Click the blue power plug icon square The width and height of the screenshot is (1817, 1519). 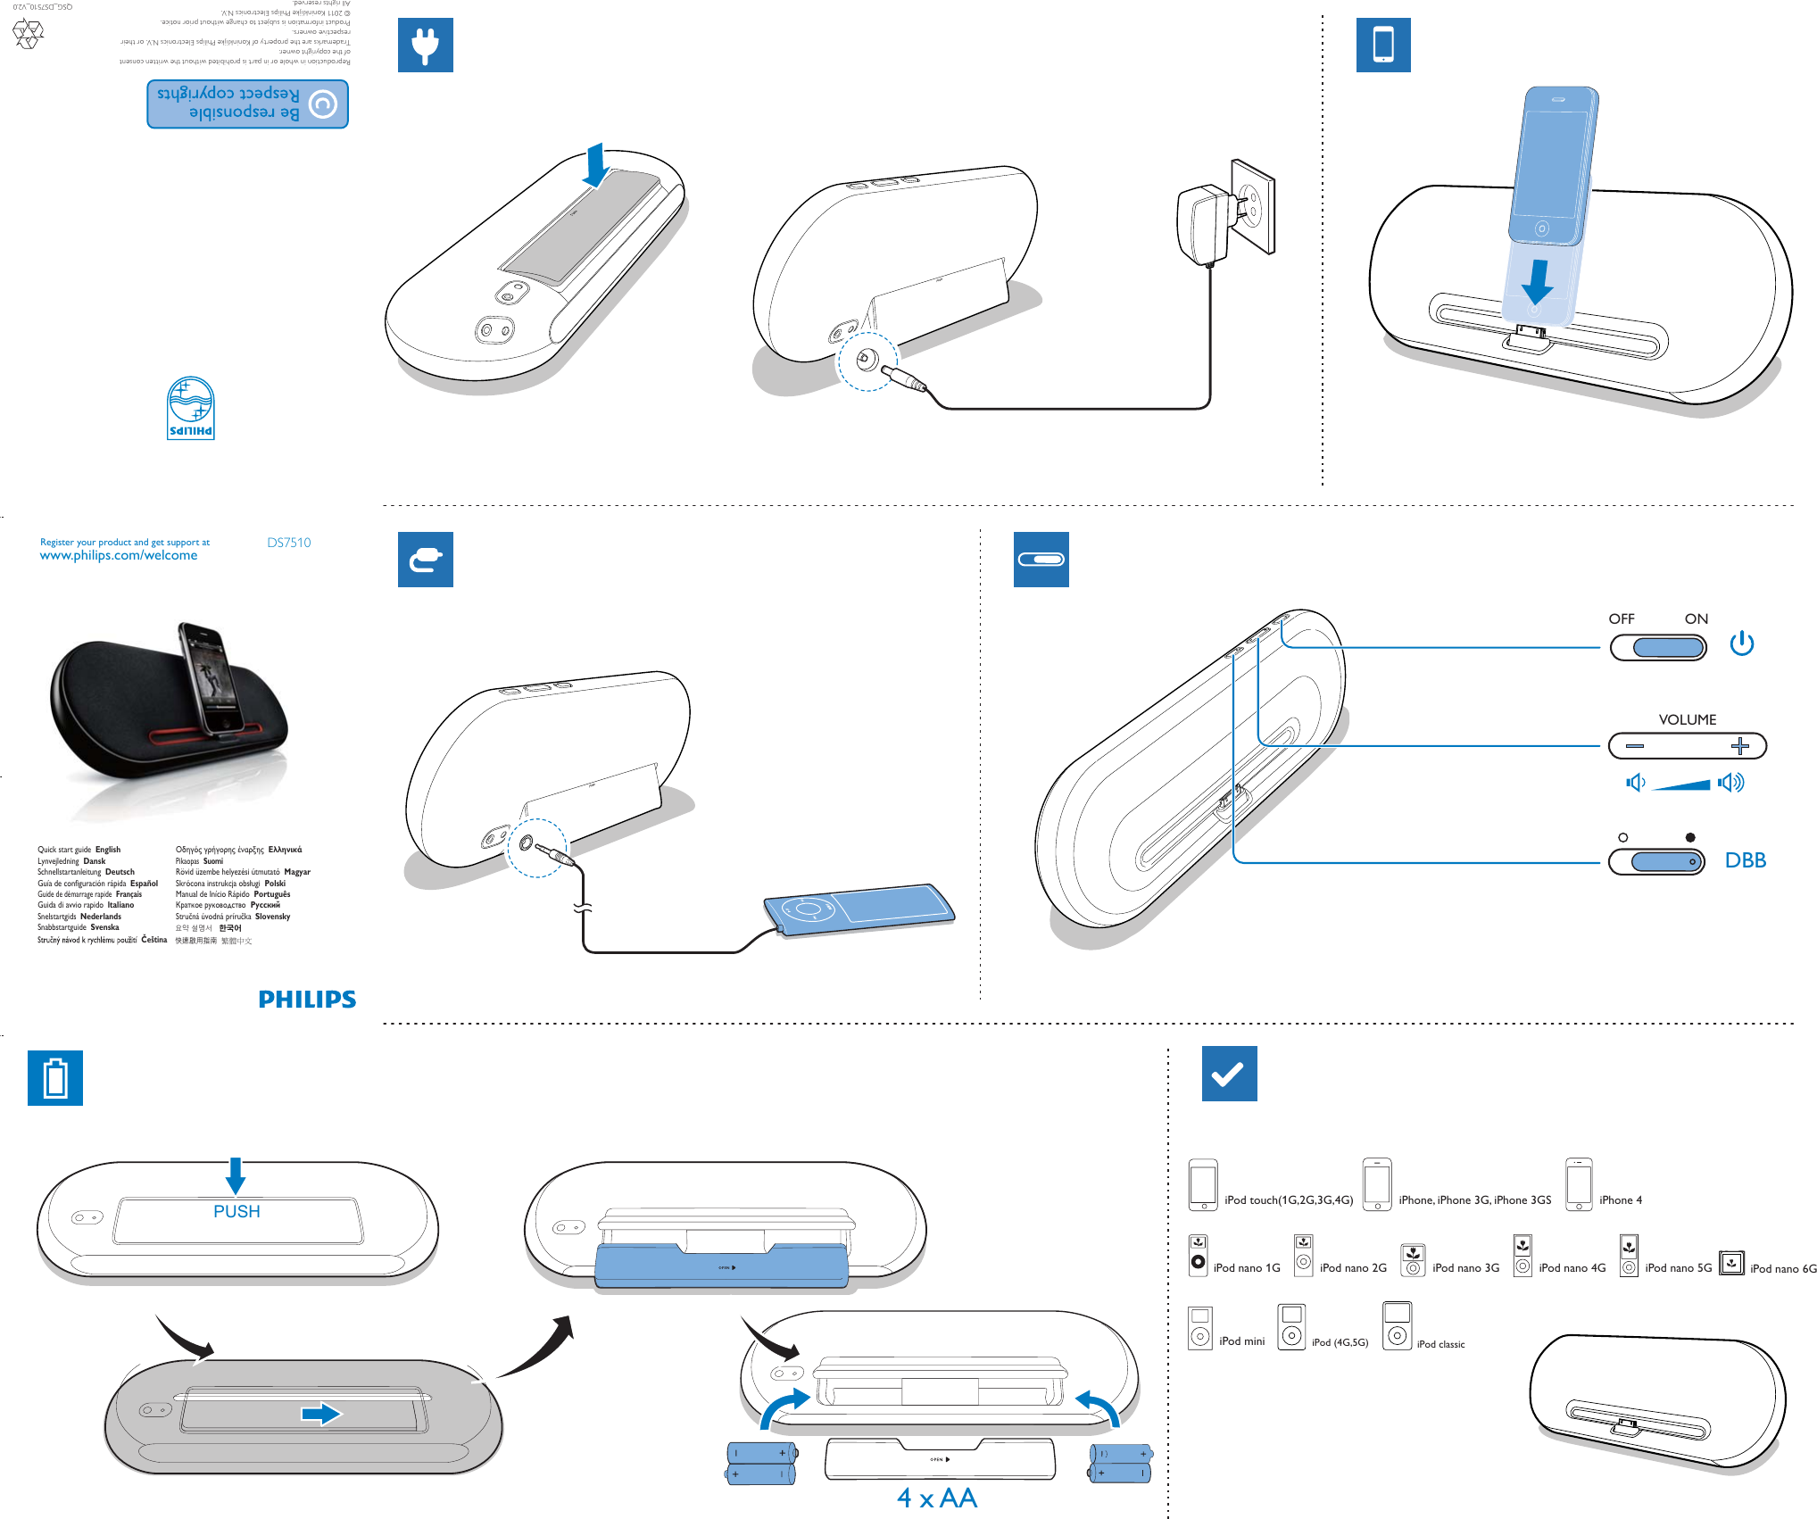(x=425, y=45)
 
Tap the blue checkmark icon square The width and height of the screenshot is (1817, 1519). (x=1229, y=1074)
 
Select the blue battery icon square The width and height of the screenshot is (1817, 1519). (x=55, y=1078)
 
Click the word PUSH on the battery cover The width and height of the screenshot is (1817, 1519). (x=236, y=1211)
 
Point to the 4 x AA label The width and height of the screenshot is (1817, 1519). (x=937, y=1498)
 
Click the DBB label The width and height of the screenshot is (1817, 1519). (x=1745, y=860)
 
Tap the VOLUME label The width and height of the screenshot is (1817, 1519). (x=1687, y=719)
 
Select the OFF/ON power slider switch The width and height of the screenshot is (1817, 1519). (x=1658, y=647)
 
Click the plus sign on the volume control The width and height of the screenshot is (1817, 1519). (x=1739, y=745)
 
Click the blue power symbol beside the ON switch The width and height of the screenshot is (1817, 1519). (x=1741, y=643)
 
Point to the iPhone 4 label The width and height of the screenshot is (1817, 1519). (x=1620, y=1200)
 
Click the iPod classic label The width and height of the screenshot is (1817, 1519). (x=1440, y=1344)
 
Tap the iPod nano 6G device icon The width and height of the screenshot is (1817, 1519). (x=1731, y=1263)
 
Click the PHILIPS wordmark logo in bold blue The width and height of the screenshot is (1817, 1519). (x=307, y=1000)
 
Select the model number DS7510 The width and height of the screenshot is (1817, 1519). (x=289, y=543)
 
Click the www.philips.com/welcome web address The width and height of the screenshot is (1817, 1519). (x=119, y=555)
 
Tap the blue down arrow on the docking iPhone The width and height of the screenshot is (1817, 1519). (x=1537, y=281)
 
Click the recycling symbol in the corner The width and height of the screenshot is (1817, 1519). (x=29, y=34)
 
